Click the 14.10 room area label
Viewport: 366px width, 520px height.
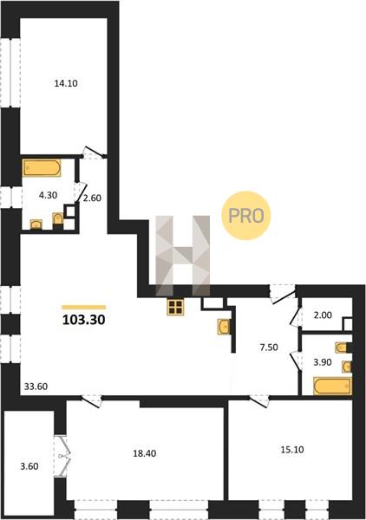[x=66, y=83]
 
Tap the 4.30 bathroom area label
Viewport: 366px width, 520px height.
[x=48, y=195]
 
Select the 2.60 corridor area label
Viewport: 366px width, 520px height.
[x=92, y=198]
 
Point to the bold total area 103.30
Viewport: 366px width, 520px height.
[x=83, y=320]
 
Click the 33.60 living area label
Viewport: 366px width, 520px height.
[x=36, y=387]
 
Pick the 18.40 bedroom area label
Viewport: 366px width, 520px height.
[x=144, y=453]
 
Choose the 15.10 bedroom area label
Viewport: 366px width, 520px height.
[x=292, y=450]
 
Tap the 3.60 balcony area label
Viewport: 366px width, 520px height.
[x=29, y=466]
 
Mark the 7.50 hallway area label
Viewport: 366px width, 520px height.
[x=269, y=348]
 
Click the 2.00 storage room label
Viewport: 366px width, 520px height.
[x=323, y=315]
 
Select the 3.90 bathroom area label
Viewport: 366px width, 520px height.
[x=323, y=362]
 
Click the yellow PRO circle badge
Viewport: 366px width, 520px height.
[x=246, y=216]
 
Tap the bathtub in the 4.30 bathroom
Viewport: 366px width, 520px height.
[x=42, y=168]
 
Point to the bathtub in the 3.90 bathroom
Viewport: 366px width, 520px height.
[x=332, y=386]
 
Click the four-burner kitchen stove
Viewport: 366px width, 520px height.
[x=175, y=307]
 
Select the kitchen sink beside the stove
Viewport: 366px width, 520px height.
[x=224, y=327]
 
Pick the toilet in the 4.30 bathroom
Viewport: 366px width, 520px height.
[x=58, y=220]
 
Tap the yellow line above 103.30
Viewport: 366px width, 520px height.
[x=83, y=308]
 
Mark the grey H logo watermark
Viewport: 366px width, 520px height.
[x=183, y=256]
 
